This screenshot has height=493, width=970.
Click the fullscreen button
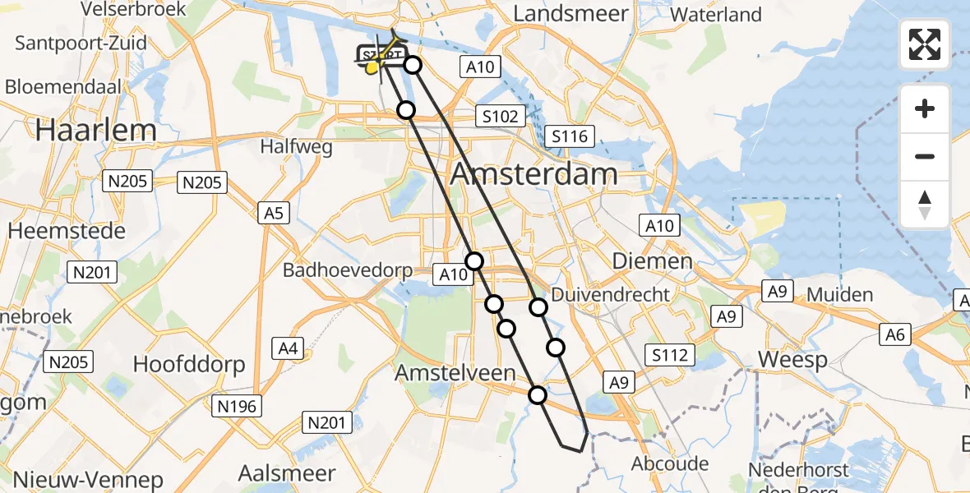[925, 44]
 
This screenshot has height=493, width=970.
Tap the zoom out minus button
[925, 156]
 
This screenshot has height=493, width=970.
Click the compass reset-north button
[925, 204]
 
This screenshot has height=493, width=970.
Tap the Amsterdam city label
[534, 174]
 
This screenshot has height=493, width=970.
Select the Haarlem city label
[96, 130]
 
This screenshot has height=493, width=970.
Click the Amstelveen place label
[455, 373]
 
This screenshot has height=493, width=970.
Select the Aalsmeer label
[287, 472]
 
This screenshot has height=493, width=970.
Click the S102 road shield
[501, 117]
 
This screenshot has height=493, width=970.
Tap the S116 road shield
[570, 136]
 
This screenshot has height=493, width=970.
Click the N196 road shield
[238, 406]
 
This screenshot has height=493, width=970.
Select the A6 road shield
[895, 334]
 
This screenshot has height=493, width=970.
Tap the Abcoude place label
[669, 463]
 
